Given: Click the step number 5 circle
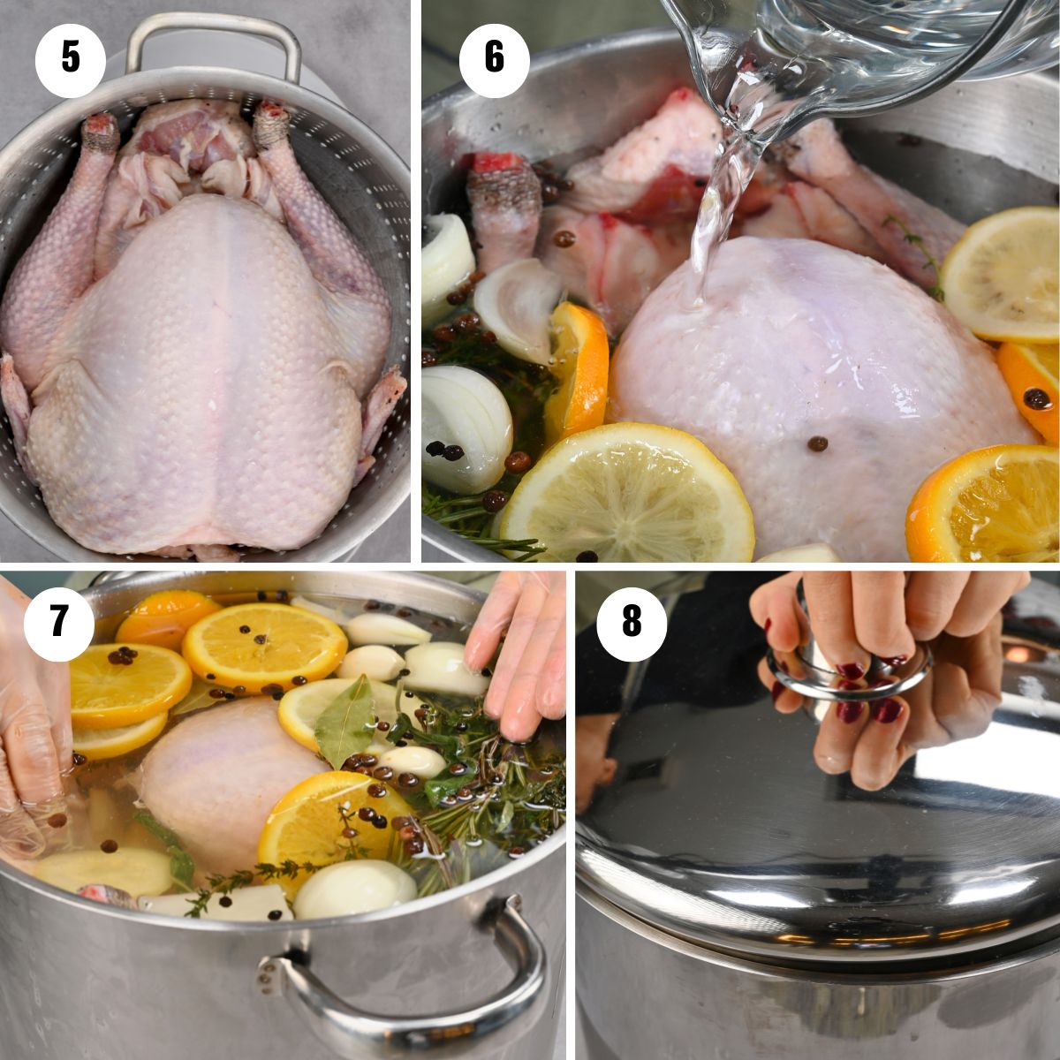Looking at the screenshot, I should pyautogui.click(x=70, y=58).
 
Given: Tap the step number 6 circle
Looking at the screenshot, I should pyautogui.click(x=494, y=58).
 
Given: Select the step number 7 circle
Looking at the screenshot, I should pyautogui.click(x=58, y=621).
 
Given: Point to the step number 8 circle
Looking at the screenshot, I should pyautogui.click(x=631, y=621).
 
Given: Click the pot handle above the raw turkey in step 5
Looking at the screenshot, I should pyautogui.click(x=212, y=40).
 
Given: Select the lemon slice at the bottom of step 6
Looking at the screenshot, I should pyautogui.click(x=627, y=495).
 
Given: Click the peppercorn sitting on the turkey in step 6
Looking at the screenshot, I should pyautogui.click(x=819, y=443).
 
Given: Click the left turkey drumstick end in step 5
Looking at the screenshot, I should pyautogui.click(x=100, y=132).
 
